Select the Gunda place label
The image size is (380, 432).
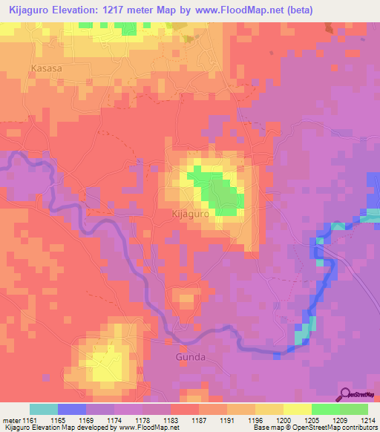tap(191, 357)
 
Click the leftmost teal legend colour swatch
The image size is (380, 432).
tap(43, 409)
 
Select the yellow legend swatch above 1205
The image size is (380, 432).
tap(297, 409)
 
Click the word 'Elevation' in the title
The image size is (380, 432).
tap(78, 10)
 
